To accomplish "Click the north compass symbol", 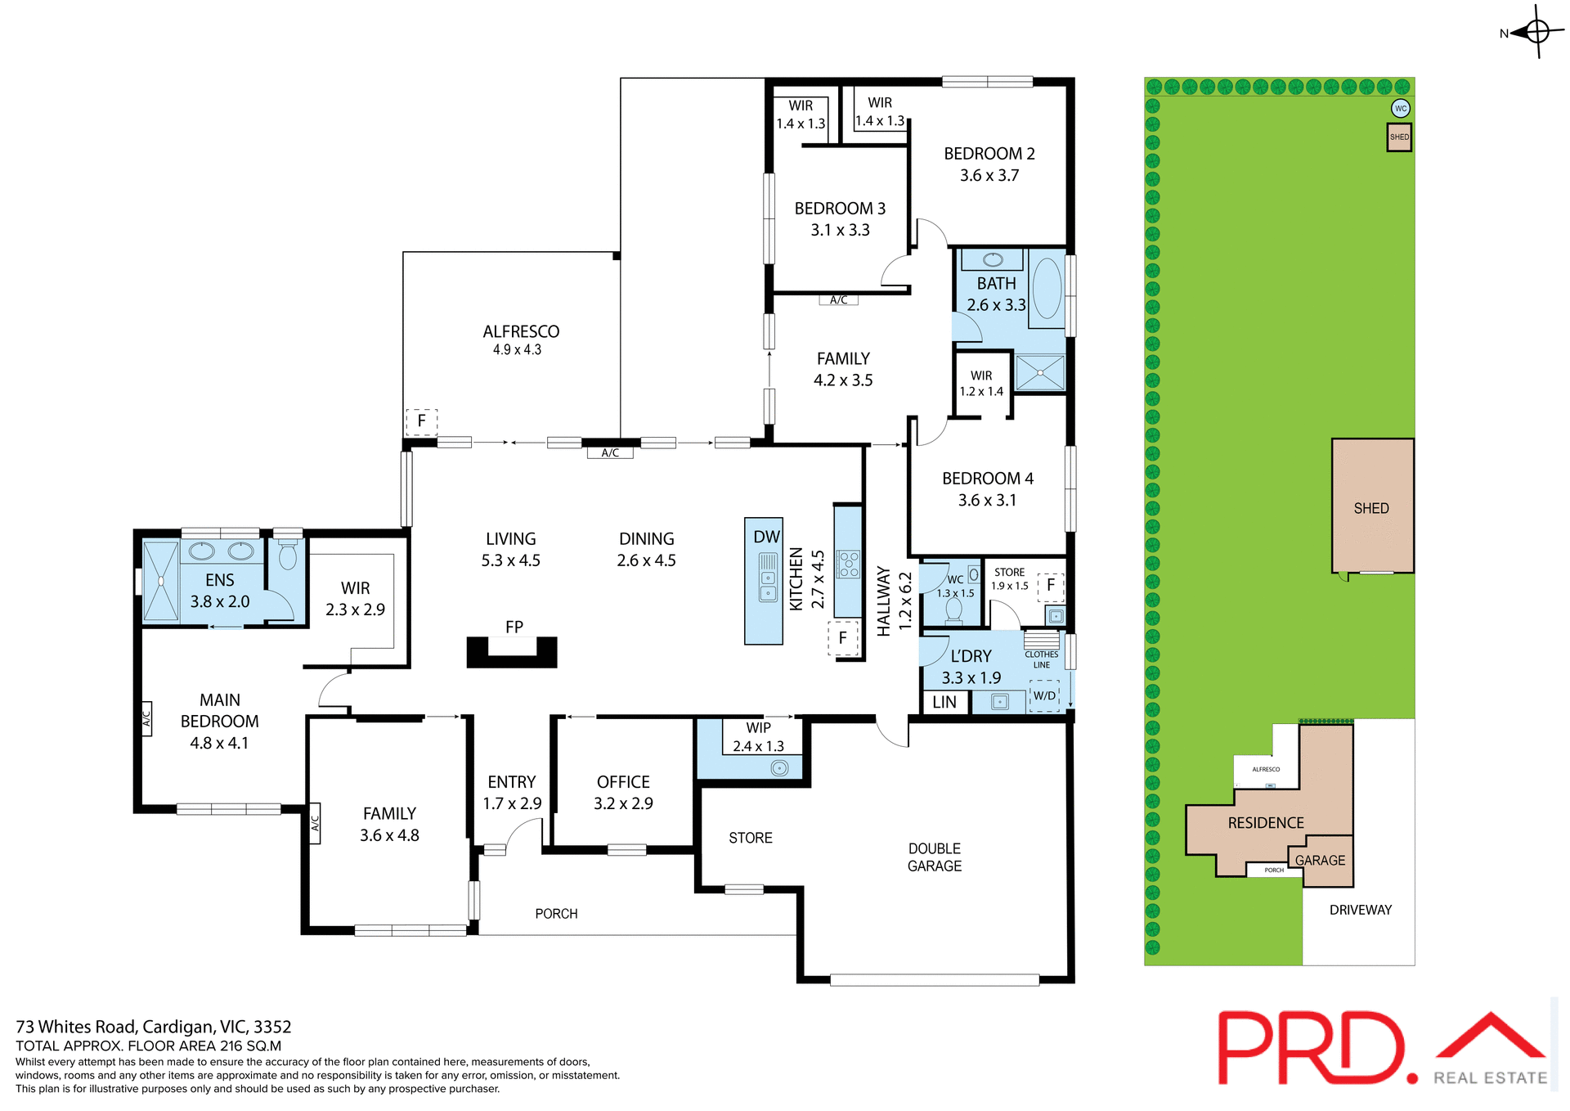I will [1536, 32].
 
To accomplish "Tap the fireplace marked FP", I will [512, 651].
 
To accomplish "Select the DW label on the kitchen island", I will [766, 538].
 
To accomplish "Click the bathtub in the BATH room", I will [1047, 289].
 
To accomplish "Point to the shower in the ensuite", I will [161, 582].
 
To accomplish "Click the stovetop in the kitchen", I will [849, 564].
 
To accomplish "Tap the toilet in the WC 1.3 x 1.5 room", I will [953, 609].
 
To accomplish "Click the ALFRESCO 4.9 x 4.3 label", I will [521, 340].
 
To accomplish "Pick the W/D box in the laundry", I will [1044, 696].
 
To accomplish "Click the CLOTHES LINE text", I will [1041, 659].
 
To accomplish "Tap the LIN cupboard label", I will [944, 702].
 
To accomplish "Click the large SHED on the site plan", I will [1371, 507].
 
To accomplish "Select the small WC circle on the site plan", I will [1401, 108].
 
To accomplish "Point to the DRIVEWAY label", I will [1360, 910].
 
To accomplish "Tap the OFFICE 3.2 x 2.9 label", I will [623, 793].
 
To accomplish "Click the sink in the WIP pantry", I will [778, 767].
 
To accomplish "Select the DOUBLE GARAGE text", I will [935, 857].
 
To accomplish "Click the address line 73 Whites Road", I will [154, 1027].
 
